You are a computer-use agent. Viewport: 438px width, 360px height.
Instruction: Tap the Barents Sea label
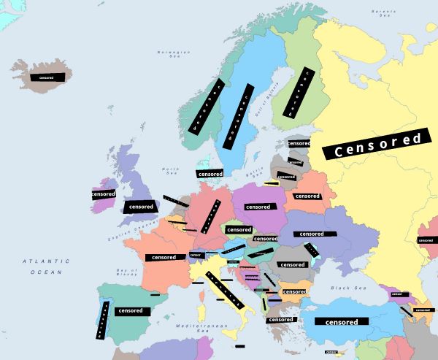[x=383, y=12]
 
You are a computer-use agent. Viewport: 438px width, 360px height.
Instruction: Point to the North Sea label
[x=171, y=171]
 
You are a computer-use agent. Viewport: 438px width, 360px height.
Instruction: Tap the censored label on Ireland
[x=104, y=194]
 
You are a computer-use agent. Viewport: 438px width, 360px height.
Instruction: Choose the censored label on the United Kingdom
[x=141, y=207]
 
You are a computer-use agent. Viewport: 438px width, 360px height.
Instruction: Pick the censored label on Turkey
[x=342, y=321]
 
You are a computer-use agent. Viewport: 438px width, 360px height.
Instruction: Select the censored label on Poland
[x=258, y=207]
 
